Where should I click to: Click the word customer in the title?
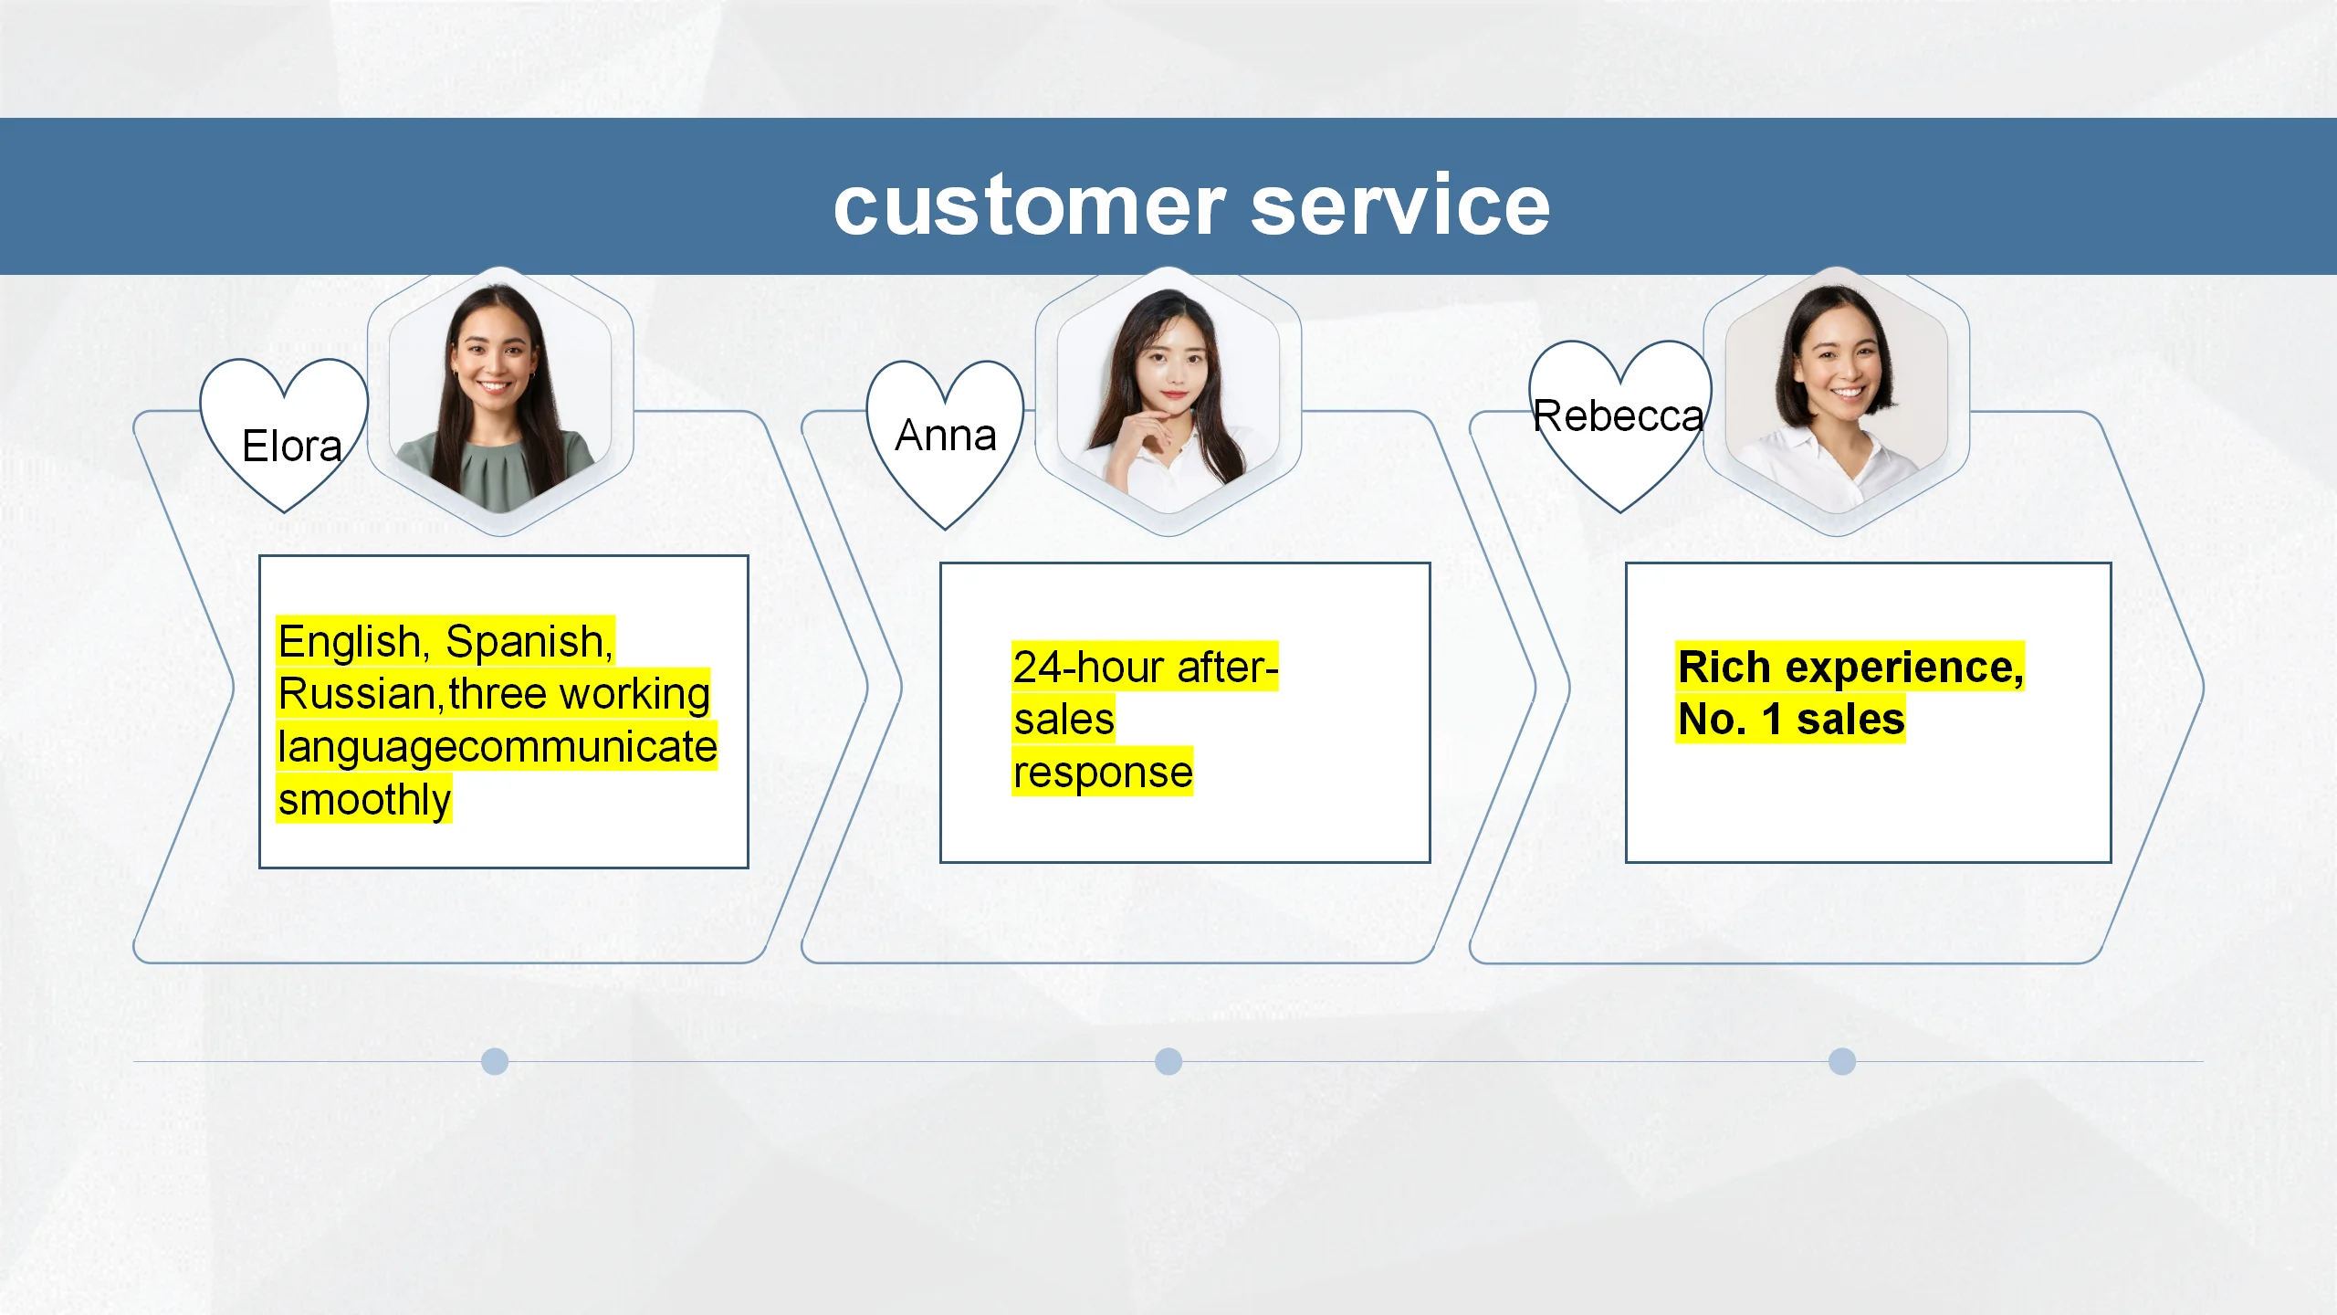[1030, 206]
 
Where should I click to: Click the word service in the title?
[1400, 206]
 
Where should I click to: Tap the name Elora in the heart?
[292, 446]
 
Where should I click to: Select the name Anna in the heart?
[946, 435]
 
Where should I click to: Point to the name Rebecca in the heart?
[1618, 416]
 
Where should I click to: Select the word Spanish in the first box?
[529, 642]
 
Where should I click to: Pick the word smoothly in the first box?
[364, 800]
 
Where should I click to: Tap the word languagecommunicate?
[498, 747]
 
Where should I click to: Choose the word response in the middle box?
[1103, 773]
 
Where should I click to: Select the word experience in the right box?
[1905, 668]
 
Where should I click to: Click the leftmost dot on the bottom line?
[495, 1061]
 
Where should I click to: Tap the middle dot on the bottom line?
[1168, 1061]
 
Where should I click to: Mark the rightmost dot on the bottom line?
[1842, 1061]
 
